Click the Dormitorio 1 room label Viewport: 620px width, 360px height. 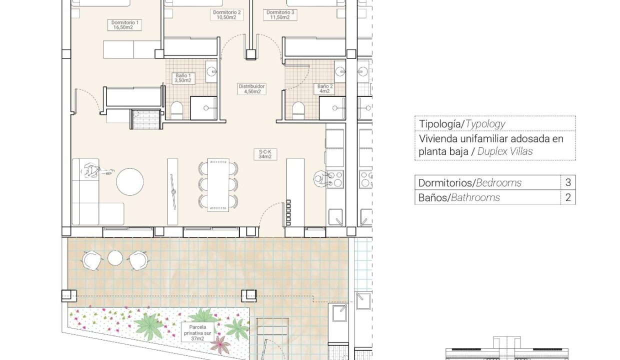124,25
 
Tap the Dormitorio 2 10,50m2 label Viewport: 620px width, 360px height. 226,15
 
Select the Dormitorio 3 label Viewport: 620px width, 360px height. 280,15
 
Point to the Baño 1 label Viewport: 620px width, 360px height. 183,78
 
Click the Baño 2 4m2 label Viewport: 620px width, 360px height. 324,89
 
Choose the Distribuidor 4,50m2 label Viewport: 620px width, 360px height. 251,89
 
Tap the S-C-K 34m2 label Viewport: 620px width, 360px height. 265,154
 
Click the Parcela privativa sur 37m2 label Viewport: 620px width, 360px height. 197,333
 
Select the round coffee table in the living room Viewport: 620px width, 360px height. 130,182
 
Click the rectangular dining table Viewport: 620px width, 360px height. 218,185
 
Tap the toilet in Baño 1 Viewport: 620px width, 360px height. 176,110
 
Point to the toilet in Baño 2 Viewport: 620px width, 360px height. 298,110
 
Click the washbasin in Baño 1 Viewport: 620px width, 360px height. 211,71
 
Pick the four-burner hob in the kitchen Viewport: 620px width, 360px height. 334,179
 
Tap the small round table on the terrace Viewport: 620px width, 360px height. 115,258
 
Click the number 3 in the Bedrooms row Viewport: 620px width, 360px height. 568,182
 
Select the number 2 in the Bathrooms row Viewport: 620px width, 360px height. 568,197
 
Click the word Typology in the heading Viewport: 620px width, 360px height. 485,124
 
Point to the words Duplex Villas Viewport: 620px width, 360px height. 505,151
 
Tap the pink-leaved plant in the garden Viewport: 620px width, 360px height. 220,344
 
